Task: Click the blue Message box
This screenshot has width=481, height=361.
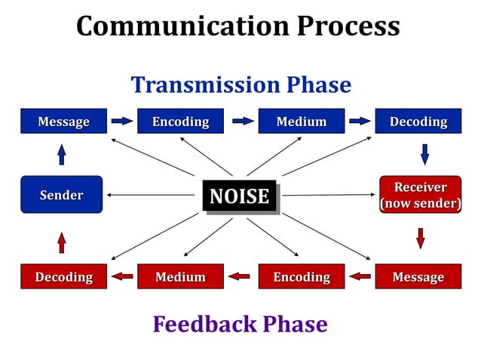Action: (63, 121)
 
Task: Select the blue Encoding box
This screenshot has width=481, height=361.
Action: (180, 121)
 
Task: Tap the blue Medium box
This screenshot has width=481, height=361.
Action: (301, 121)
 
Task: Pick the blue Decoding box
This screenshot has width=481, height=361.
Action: (418, 121)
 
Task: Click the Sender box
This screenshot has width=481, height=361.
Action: (61, 195)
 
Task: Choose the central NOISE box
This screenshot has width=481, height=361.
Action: (239, 196)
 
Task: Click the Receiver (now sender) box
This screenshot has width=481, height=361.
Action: (420, 195)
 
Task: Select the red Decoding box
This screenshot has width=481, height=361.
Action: (63, 276)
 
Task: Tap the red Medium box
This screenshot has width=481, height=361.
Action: (180, 276)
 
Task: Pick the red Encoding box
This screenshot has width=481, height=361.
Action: (301, 276)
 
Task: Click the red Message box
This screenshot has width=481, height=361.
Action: (418, 276)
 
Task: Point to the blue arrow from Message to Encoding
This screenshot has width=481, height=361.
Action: (121, 121)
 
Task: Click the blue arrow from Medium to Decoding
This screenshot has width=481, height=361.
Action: (360, 121)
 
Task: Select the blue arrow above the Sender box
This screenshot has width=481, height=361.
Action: (62, 155)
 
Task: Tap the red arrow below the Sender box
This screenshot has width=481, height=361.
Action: (62, 242)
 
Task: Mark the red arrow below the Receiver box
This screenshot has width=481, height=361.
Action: (421, 238)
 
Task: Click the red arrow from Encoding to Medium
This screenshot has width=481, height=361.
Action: (240, 276)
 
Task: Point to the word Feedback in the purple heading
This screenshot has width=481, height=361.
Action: (206, 324)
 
